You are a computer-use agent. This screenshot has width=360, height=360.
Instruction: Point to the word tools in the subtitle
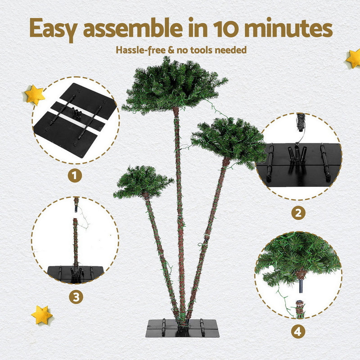(x=197, y=49)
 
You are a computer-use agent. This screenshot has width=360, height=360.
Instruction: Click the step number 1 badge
(x=75, y=175)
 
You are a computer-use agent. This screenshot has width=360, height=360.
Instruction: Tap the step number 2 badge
(x=297, y=212)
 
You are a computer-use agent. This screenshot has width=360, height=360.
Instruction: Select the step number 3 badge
(x=75, y=297)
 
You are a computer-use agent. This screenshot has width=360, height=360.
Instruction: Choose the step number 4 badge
(x=297, y=332)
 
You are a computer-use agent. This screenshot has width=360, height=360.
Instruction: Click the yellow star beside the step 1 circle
(x=35, y=94)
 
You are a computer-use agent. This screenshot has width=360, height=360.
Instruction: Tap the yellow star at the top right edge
(x=353, y=58)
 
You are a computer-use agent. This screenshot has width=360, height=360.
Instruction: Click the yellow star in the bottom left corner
(x=42, y=315)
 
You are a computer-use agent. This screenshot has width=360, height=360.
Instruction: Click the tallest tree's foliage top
(x=173, y=85)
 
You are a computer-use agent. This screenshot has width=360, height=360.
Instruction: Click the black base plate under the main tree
(x=182, y=328)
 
